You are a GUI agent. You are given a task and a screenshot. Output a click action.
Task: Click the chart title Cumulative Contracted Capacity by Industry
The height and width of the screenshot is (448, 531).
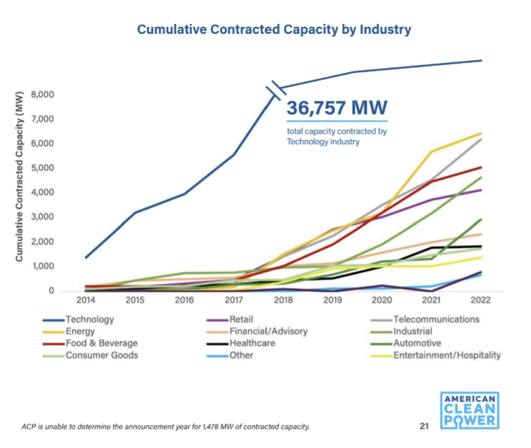273,30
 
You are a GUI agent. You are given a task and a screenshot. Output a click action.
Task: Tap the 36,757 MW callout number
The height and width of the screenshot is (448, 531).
337,108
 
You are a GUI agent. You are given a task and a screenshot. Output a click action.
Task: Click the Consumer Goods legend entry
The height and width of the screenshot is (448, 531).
102,355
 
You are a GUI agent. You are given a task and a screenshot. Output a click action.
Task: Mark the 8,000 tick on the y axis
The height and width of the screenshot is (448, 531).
42,94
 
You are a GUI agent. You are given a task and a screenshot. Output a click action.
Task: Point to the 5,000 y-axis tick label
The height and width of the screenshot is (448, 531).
42,168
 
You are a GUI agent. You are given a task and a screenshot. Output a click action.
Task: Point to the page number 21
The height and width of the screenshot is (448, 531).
424,426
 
